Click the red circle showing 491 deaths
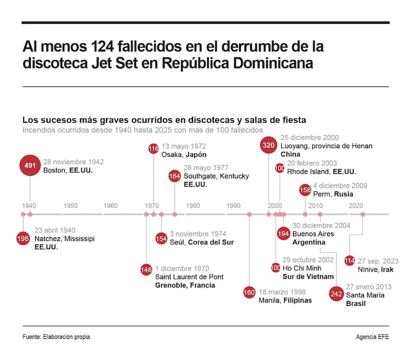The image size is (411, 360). [x=29, y=165]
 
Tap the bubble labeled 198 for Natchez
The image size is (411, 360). [x=23, y=238]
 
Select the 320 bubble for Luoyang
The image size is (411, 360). [x=269, y=145]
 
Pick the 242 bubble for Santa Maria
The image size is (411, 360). [x=336, y=295]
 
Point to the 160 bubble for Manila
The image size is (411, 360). [x=249, y=293]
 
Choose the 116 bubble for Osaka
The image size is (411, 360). [x=154, y=149]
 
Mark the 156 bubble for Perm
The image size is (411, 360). [x=305, y=190]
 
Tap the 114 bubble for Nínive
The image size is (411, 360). [x=350, y=261]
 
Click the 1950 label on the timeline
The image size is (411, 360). [x=70, y=206]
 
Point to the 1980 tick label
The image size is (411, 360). [x=193, y=206]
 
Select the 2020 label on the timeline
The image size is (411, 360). [x=356, y=206]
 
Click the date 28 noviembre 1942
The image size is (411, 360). [x=74, y=162]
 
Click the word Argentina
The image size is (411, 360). [x=309, y=242]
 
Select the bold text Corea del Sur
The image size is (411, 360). [x=211, y=242]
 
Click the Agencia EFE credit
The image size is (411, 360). [x=372, y=337]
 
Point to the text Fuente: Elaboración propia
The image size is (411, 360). [x=57, y=337]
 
